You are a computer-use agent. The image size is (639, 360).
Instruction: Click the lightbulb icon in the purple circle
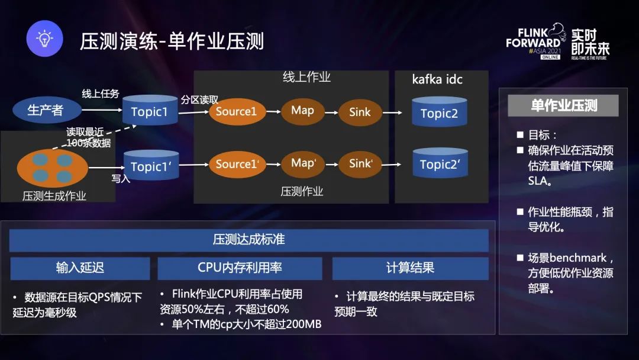pyautogui.click(x=45, y=39)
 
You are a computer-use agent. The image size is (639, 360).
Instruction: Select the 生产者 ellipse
pyautogui.click(x=46, y=110)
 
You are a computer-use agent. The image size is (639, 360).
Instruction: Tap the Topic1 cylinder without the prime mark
pyautogui.click(x=150, y=111)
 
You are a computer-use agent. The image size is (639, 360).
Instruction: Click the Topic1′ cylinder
pyautogui.click(x=150, y=166)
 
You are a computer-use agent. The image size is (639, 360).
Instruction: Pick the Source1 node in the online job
pyautogui.click(x=236, y=111)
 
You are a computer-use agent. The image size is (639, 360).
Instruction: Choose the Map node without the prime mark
pyautogui.click(x=302, y=110)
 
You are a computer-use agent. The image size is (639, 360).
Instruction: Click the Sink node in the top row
pyautogui.click(x=360, y=111)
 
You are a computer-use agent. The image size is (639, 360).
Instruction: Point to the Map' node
pyautogui.click(x=304, y=162)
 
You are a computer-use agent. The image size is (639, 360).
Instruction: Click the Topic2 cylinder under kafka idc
pyautogui.click(x=439, y=112)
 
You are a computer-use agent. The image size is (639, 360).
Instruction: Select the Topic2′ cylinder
pyautogui.click(x=440, y=164)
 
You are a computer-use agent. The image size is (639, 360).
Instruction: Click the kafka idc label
pyautogui.click(x=437, y=79)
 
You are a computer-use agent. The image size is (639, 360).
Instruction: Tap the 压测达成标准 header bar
pyautogui.click(x=248, y=240)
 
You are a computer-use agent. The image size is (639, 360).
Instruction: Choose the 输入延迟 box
pyautogui.click(x=80, y=268)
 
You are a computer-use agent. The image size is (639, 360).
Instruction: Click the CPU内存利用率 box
pyautogui.click(x=240, y=268)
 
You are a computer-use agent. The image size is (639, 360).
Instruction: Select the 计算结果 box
pyautogui.click(x=410, y=268)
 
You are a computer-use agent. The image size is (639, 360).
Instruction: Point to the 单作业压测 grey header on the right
pyautogui.click(x=563, y=106)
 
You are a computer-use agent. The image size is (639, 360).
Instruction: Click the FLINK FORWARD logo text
pyautogui.click(x=533, y=38)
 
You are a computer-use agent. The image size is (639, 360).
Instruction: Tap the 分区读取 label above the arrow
pyautogui.click(x=199, y=99)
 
